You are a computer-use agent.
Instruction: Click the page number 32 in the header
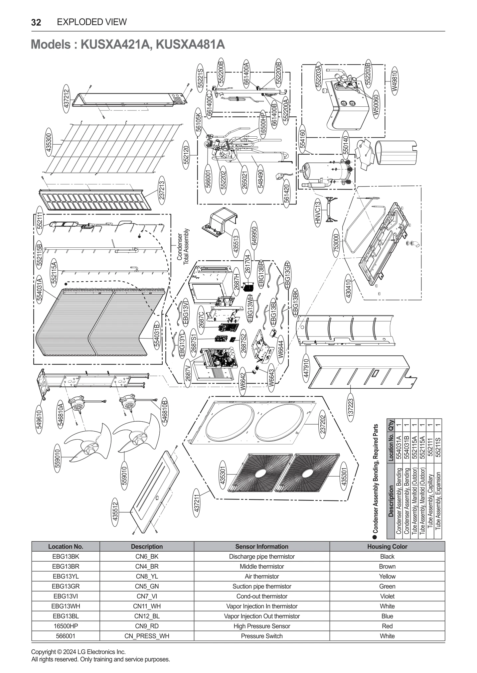pos(36,22)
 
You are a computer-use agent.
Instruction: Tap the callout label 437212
pos(66,98)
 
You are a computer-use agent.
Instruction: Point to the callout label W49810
pos(395,81)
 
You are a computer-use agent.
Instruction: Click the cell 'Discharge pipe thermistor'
pos(261,556)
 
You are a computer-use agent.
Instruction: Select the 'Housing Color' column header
pos(387,546)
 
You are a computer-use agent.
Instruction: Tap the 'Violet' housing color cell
pos(387,596)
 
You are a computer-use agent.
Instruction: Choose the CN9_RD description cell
pos(147,626)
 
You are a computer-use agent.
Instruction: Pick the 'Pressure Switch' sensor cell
pos(261,636)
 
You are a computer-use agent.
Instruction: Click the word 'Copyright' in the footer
pos(43,652)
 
